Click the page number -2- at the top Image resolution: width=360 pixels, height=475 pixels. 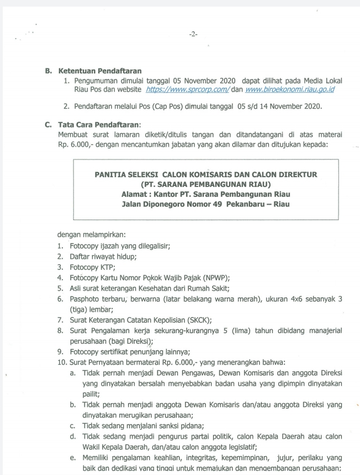pyautogui.click(x=193, y=34)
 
